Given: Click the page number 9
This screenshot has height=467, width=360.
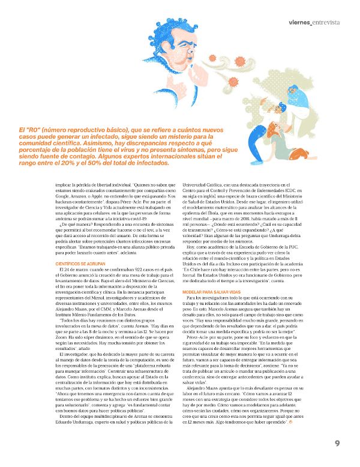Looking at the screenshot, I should (x=338, y=444).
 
